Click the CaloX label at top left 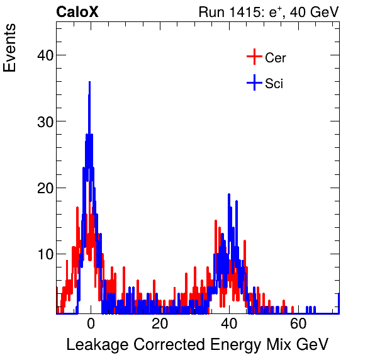pos(77,12)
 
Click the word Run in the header pos(211,12)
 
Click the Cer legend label pos(276,58)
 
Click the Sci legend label pos(274,84)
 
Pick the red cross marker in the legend pos(254,57)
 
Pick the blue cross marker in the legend pos(254,83)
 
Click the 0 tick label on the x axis pos(91,325)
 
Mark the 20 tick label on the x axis pos(160,325)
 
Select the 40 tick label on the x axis pos(229,325)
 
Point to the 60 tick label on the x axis pos(299,325)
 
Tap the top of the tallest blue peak pos(89,82)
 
